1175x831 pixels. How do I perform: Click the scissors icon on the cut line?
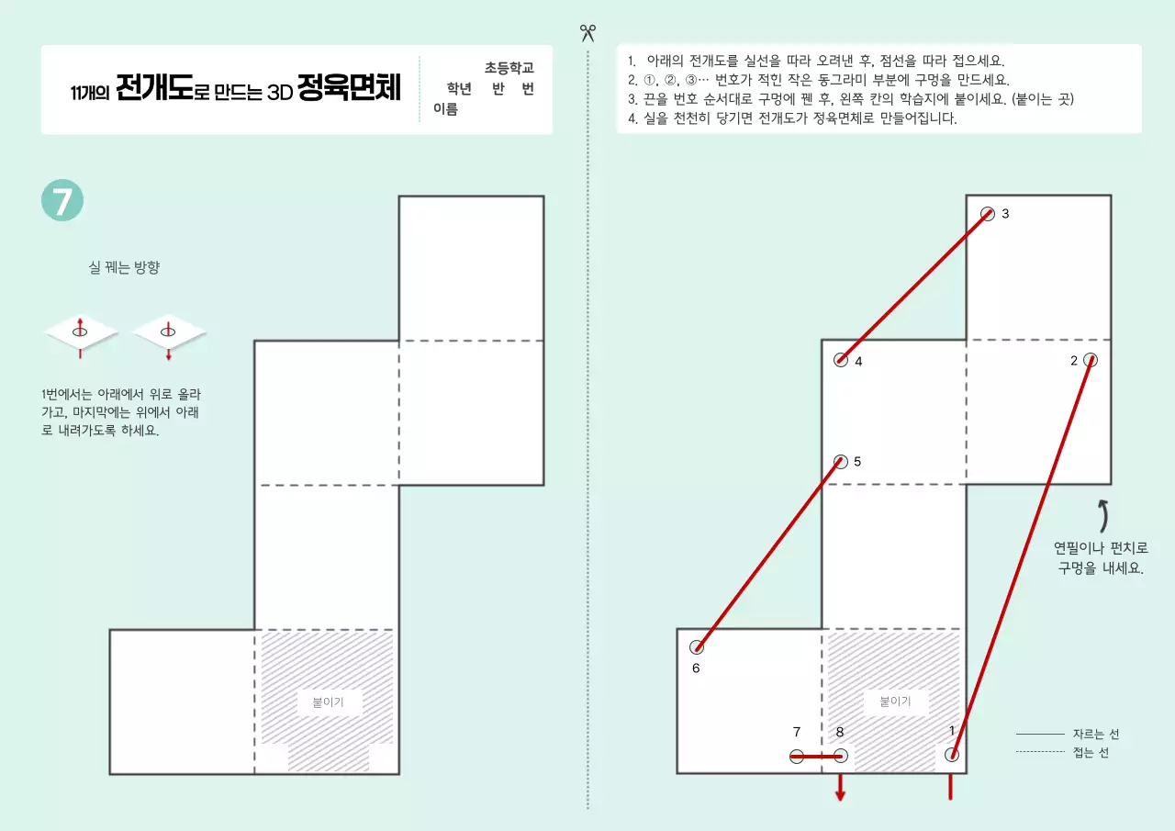(x=587, y=33)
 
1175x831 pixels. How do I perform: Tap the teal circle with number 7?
(x=62, y=201)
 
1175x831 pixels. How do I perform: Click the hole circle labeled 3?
(x=988, y=214)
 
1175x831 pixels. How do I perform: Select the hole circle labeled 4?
(x=841, y=360)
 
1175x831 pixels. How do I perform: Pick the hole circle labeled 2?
(x=1091, y=360)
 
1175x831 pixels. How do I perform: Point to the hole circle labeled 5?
(x=841, y=461)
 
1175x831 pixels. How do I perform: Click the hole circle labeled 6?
(x=696, y=646)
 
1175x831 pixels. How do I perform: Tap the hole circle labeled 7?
(x=797, y=757)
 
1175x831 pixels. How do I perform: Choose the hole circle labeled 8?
(x=841, y=757)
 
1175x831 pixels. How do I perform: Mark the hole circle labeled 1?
(x=952, y=755)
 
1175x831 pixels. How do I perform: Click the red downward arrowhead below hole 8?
(x=840, y=795)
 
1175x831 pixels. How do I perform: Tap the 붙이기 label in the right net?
(x=895, y=702)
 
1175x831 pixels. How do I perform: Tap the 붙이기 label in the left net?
(x=329, y=702)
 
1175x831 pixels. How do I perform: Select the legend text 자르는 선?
(x=1096, y=735)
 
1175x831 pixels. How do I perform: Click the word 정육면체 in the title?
(x=349, y=91)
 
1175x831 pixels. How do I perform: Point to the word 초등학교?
(x=509, y=68)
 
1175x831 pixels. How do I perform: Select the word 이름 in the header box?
(x=446, y=109)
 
